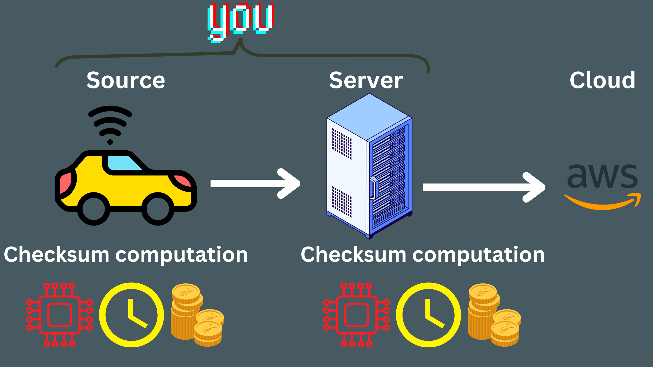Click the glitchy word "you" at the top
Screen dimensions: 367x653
[241, 20]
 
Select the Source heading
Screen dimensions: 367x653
[126, 80]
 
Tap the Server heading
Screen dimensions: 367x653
[366, 80]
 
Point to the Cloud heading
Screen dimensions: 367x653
[602, 80]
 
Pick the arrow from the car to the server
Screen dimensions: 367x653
[255, 183]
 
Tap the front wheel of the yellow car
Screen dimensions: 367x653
[158, 209]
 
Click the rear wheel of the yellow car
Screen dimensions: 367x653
[94, 209]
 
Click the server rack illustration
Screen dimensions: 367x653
[369, 166]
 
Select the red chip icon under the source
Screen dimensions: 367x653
[59, 315]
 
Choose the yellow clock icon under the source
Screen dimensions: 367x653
[131, 315]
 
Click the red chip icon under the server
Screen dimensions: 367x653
[356, 315]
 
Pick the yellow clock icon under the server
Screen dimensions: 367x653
[428, 315]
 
